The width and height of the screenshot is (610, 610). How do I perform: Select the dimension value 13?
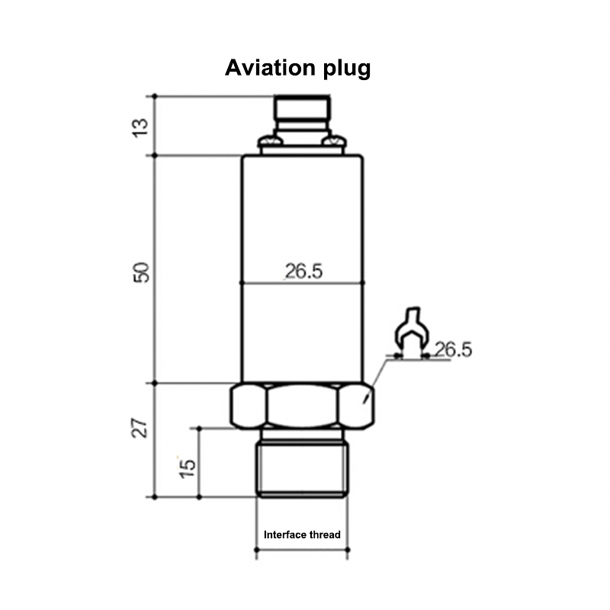pyautogui.click(x=140, y=126)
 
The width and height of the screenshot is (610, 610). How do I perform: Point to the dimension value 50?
pyautogui.click(x=140, y=270)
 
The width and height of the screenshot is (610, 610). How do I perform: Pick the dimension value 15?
pyautogui.click(x=186, y=464)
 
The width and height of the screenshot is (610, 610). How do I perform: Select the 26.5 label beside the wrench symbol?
pyautogui.click(x=453, y=350)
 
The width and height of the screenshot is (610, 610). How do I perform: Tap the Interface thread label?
pyautogui.click(x=302, y=535)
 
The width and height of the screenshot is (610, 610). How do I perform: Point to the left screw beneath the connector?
pyautogui.click(x=268, y=141)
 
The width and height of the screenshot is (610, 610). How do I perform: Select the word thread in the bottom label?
pyautogui.click(x=325, y=535)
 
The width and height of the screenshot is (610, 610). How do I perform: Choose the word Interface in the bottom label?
pyautogui.click(x=285, y=535)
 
